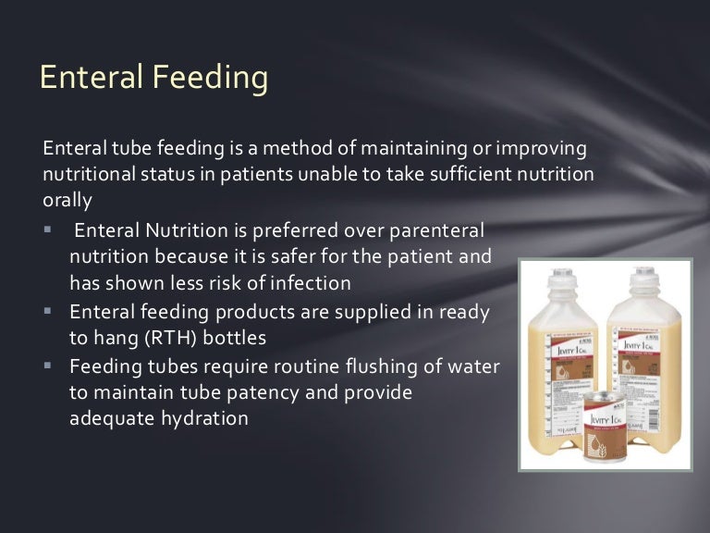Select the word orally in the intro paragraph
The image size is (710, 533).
[x=67, y=199]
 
